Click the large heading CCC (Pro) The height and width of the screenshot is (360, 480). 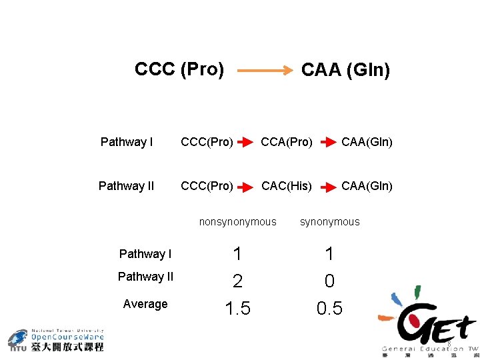(179, 69)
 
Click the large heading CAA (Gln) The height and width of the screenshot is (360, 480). (345, 70)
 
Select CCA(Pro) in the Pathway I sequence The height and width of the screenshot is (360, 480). (287, 142)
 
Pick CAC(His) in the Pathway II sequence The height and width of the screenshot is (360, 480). (287, 186)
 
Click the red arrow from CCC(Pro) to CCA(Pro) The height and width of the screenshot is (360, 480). (245, 143)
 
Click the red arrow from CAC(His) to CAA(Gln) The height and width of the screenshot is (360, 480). (327, 187)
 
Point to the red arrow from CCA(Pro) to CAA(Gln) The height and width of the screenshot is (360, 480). (327, 143)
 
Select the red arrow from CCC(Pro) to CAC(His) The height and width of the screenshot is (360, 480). (245, 187)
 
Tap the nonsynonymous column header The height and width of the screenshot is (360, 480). (237, 222)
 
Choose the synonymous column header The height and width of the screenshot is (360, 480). (329, 222)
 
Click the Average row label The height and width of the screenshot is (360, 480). (145, 304)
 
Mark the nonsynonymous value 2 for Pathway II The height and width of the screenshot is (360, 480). (237, 281)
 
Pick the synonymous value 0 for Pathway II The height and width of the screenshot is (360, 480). (329, 281)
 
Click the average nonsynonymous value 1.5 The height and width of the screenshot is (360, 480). (237, 309)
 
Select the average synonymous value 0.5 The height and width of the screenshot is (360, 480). (329, 309)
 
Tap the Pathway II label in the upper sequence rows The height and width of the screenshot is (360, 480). (126, 186)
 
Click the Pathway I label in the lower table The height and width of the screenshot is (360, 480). (145, 254)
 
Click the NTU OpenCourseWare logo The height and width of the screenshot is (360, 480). (56, 340)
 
